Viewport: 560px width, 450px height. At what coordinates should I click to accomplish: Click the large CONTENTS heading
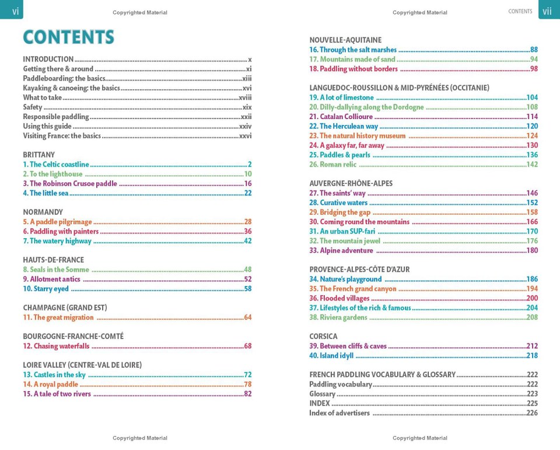68,37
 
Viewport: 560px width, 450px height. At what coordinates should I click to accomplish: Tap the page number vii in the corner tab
547,12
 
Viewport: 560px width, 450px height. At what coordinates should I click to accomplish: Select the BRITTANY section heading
38,155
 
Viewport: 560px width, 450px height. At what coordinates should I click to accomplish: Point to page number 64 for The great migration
247,318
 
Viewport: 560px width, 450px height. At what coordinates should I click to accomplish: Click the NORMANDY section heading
43,212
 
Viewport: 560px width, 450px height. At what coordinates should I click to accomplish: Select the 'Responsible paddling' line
55,117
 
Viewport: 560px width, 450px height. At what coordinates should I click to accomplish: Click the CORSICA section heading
323,336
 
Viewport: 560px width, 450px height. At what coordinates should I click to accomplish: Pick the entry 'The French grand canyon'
358,289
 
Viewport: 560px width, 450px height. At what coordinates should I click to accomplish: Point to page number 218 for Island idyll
532,355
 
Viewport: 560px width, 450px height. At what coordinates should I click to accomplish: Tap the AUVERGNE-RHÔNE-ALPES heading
351,183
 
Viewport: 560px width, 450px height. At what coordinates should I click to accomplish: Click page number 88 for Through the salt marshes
534,50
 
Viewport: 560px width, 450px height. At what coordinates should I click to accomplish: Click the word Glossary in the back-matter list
322,394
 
